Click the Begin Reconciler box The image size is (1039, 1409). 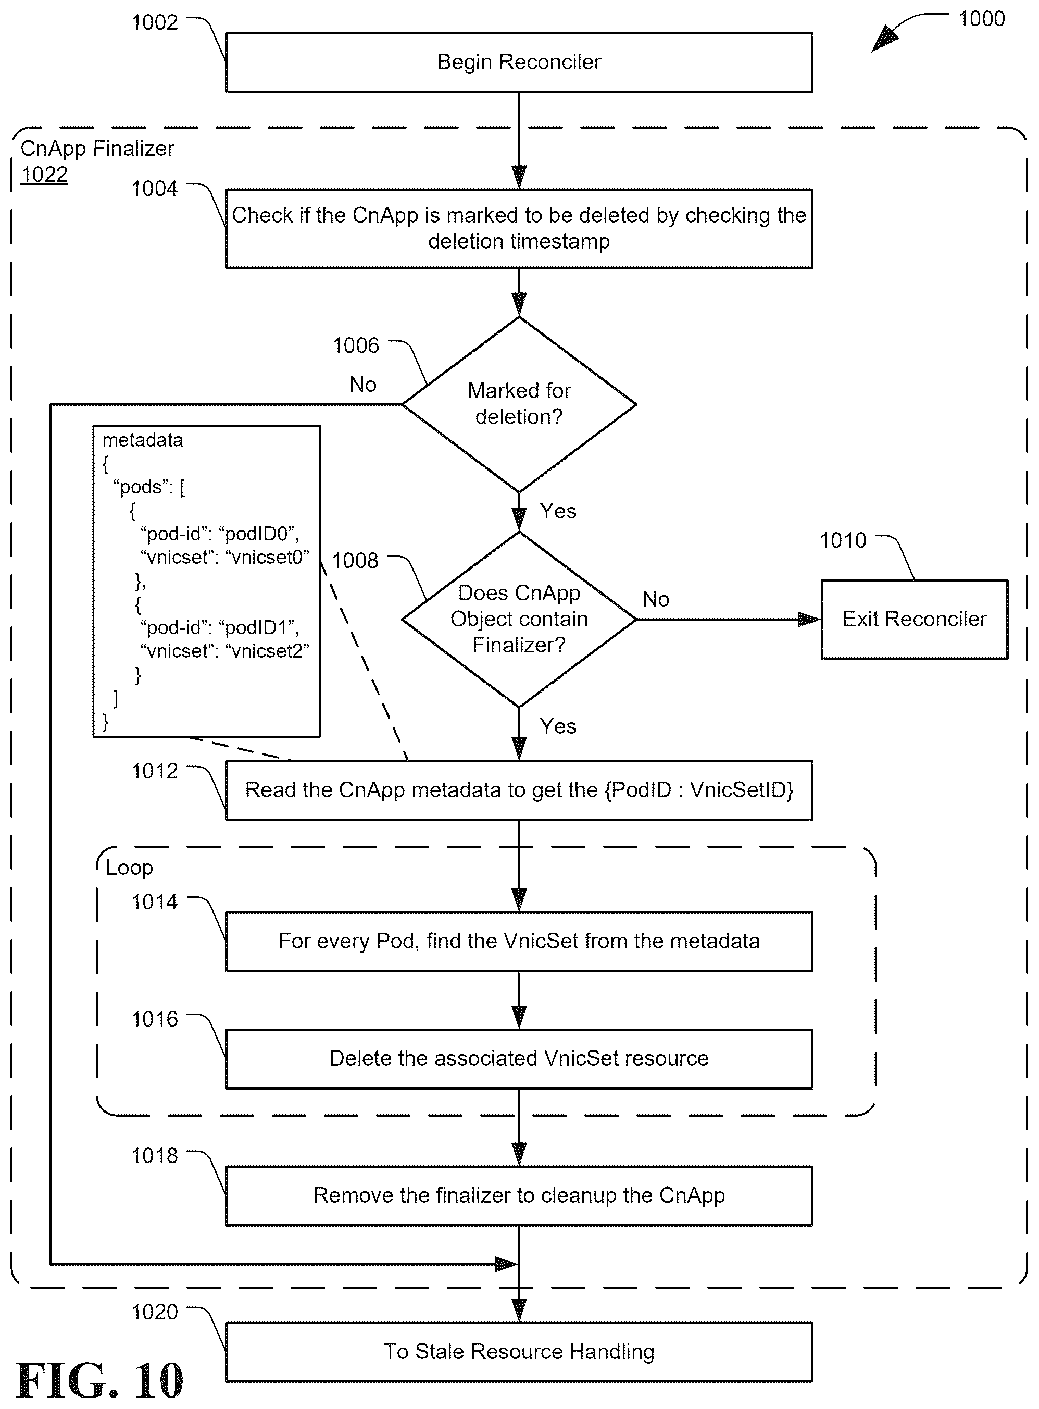click(519, 63)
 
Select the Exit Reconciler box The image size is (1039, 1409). click(915, 619)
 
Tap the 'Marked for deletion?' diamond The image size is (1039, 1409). click(519, 404)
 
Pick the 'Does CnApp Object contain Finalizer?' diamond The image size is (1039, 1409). click(519, 619)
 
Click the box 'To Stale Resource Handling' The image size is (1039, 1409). click(519, 1352)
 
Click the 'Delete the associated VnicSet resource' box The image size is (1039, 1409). click(519, 1058)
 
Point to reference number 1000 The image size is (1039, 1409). click(981, 19)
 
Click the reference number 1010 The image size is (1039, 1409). click(843, 540)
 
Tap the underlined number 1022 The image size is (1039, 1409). click(44, 175)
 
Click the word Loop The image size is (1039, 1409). click(129, 868)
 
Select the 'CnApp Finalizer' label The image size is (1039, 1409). click(97, 149)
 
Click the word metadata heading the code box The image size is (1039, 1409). click(143, 440)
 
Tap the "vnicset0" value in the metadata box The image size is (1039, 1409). click(267, 557)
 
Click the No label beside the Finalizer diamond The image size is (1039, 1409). click(656, 599)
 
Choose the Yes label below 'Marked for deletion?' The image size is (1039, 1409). click(558, 511)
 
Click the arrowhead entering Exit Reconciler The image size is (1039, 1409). click(809, 619)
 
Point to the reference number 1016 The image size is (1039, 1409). click(155, 1019)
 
